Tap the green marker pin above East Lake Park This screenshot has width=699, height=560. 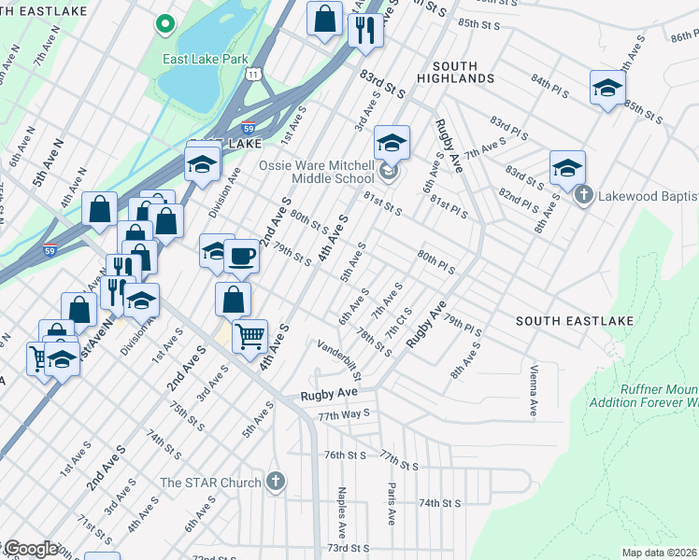pyautogui.click(x=164, y=24)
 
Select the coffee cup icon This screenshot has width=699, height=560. pyautogui.click(x=241, y=255)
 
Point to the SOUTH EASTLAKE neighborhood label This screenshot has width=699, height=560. pyautogui.click(x=575, y=321)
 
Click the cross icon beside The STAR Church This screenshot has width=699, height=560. pyautogui.click(x=275, y=482)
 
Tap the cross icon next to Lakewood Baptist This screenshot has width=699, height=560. pyautogui.click(x=583, y=195)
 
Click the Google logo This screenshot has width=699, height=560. pyautogui.click(x=31, y=549)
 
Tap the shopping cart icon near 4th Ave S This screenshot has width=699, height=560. pyautogui.click(x=250, y=335)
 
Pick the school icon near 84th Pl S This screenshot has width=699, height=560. pyautogui.click(x=607, y=88)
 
